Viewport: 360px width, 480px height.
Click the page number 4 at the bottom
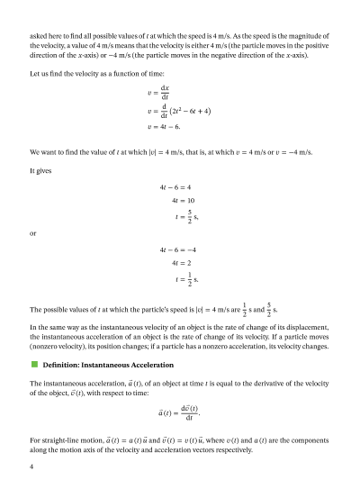(31, 466)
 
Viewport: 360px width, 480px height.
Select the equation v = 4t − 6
(166, 128)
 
